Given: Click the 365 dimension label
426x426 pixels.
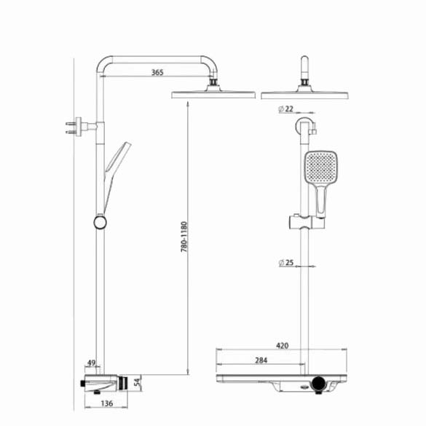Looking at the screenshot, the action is (x=157, y=72).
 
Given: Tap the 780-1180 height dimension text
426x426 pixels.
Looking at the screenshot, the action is (x=184, y=237).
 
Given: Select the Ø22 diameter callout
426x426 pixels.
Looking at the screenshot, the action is (x=286, y=109).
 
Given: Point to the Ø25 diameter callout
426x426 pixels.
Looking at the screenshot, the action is (x=286, y=263).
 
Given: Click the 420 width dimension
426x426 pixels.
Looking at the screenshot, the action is (x=283, y=346).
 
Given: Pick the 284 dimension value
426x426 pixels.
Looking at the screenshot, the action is (x=261, y=360).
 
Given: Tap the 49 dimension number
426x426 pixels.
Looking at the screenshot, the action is (x=91, y=363).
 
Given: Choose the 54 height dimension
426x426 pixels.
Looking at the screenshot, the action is (x=138, y=382).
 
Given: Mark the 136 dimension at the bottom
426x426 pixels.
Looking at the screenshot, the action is (x=107, y=403).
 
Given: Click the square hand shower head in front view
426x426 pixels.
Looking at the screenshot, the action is (x=321, y=167).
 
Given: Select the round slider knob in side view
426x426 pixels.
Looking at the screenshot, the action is (x=100, y=223).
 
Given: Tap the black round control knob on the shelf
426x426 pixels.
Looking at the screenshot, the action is (x=318, y=383).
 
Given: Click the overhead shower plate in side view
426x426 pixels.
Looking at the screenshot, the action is (x=213, y=95).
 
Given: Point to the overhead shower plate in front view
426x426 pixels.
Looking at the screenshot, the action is (x=304, y=95).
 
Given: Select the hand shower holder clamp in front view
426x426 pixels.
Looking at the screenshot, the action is (x=306, y=222).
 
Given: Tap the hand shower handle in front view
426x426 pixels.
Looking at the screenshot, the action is (x=321, y=200).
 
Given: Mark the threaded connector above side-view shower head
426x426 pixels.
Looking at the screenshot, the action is (x=214, y=82).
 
